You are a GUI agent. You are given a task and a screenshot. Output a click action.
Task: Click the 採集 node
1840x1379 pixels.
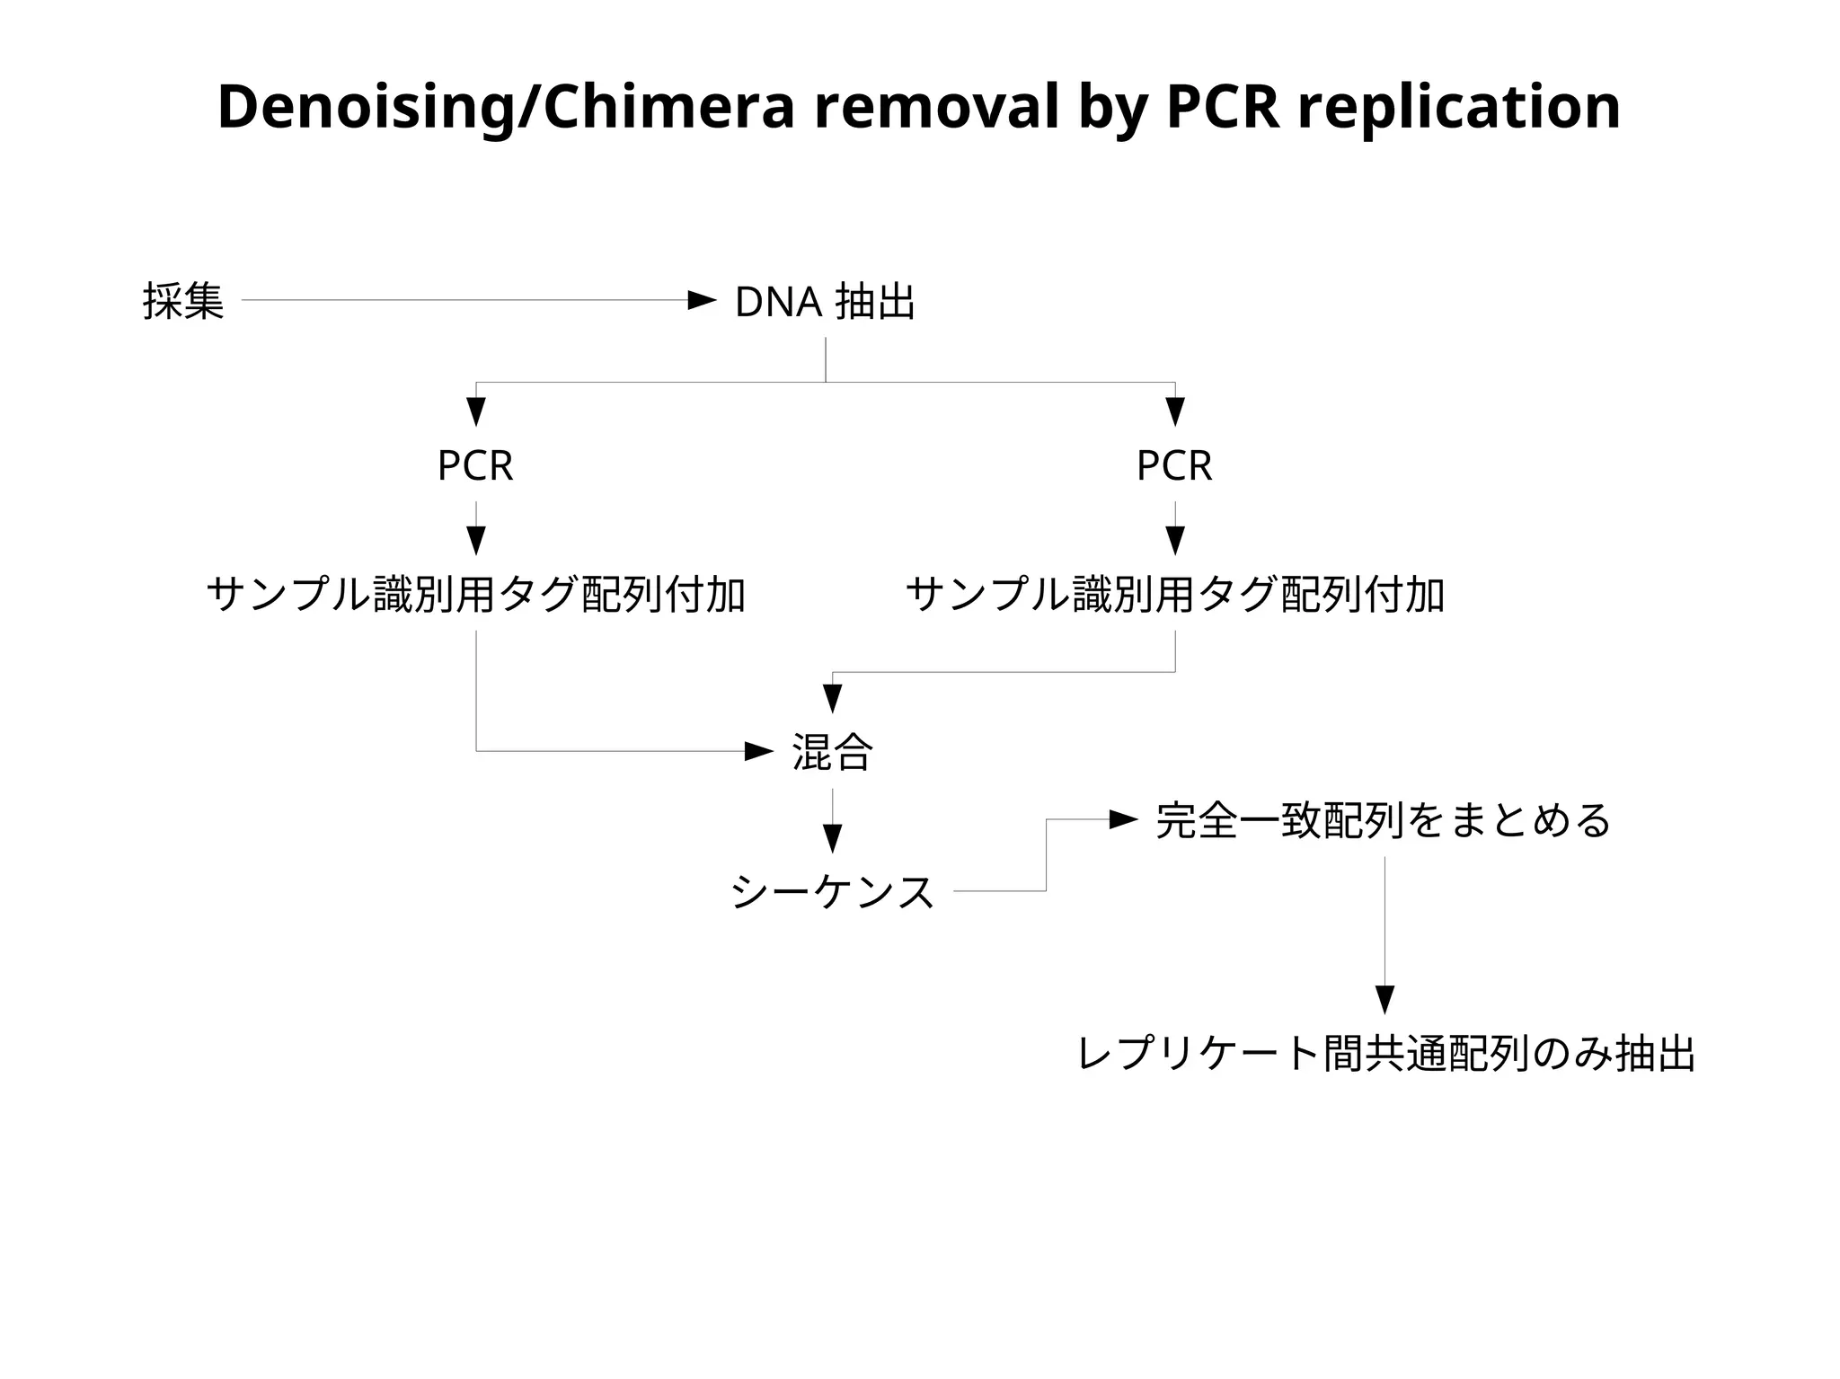183,301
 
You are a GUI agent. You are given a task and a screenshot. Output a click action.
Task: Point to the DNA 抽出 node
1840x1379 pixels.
825,302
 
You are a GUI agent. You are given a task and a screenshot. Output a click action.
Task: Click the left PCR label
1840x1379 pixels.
475,466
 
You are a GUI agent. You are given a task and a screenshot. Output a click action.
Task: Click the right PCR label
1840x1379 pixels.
1174,466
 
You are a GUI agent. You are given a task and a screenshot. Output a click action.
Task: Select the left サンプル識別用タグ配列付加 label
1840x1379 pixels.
476,595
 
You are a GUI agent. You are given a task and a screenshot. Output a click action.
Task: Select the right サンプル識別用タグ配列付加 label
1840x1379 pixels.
1175,595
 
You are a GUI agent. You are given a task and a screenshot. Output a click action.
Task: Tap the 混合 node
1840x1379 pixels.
832,752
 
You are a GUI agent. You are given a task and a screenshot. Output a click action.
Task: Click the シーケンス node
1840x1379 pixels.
833,892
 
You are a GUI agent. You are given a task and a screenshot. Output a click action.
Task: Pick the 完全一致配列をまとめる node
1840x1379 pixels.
1384,820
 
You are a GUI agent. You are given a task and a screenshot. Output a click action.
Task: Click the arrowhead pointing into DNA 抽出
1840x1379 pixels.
702,300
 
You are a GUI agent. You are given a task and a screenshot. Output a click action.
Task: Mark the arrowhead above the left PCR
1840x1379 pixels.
476,411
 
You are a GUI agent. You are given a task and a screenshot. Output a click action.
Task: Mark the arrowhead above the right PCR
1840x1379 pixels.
1175,411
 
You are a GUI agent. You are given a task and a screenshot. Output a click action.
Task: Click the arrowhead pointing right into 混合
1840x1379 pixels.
758,751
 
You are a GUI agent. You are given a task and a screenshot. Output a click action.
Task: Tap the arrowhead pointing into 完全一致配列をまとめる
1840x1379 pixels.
1123,819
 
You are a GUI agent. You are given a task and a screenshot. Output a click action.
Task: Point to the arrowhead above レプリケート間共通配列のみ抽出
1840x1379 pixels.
1384,1000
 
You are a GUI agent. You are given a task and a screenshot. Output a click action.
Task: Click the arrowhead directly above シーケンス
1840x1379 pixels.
833,838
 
